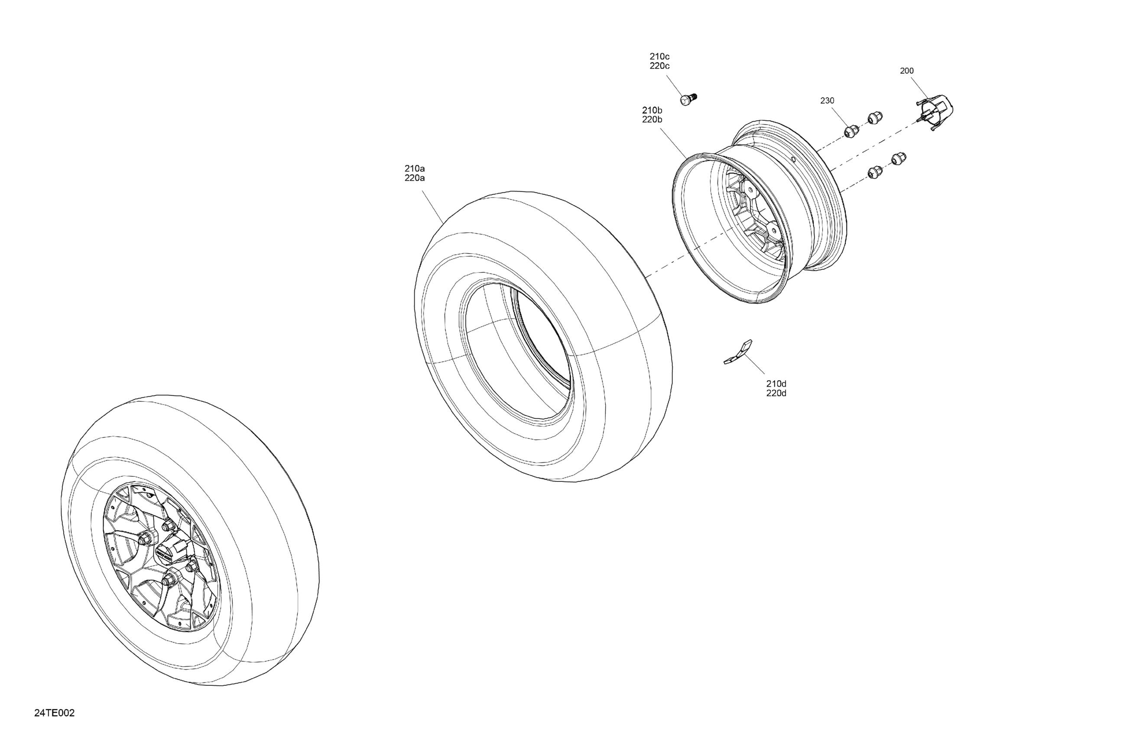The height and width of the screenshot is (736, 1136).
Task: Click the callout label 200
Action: pyautogui.click(x=906, y=71)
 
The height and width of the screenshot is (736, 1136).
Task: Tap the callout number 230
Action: pyautogui.click(x=827, y=100)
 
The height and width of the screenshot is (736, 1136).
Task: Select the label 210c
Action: pyautogui.click(x=659, y=57)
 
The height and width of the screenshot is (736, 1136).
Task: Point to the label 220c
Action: pyautogui.click(x=659, y=66)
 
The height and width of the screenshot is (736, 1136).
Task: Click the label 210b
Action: pyautogui.click(x=652, y=110)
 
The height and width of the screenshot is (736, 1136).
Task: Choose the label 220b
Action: pyautogui.click(x=652, y=120)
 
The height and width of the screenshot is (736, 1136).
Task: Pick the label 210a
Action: pyautogui.click(x=415, y=168)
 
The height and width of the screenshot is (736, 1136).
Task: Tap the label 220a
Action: pyautogui.click(x=415, y=178)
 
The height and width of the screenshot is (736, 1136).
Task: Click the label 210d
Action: pyautogui.click(x=776, y=384)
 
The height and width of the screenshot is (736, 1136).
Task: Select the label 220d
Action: pyautogui.click(x=776, y=393)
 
